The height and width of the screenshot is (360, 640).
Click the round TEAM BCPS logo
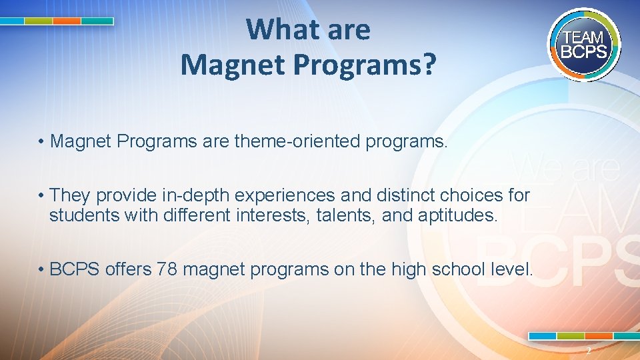click(585, 45)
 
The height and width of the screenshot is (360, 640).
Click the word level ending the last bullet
click(513, 269)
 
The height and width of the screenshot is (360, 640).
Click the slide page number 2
click(588, 351)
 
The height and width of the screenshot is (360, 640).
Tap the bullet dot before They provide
click(41, 196)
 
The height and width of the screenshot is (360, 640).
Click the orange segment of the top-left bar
click(67, 21)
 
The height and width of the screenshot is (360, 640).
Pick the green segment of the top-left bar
click(38, 21)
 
